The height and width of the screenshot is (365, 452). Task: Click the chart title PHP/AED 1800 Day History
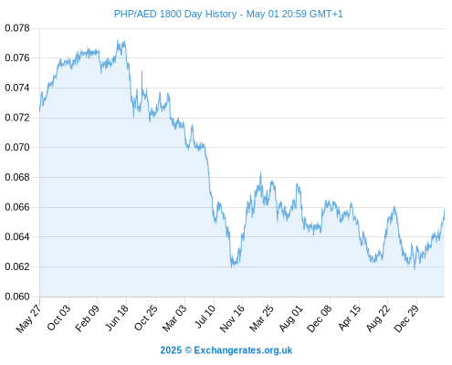click(x=175, y=14)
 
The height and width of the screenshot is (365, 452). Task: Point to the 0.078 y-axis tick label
click(x=17, y=28)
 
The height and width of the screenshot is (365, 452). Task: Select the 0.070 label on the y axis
click(x=17, y=147)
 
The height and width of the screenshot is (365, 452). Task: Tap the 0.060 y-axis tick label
click(x=17, y=297)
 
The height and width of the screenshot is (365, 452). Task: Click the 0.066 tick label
click(x=17, y=207)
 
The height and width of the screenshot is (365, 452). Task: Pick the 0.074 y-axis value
click(x=17, y=88)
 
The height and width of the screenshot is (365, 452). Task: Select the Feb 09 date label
click(x=88, y=318)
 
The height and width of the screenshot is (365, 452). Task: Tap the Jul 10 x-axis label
click(x=205, y=317)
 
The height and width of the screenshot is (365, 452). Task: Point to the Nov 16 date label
click(x=232, y=318)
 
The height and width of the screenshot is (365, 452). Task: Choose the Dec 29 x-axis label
click(x=406, y=318)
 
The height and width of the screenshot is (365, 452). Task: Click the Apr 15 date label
click(x=350, y=318)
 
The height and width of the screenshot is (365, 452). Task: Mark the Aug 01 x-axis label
click(x=291, y=318)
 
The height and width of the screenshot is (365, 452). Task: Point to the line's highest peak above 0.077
click(x=118, y=40)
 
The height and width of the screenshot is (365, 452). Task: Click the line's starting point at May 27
click(x=39, y=110)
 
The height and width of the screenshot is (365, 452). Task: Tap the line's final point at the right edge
click(x=445, y=211)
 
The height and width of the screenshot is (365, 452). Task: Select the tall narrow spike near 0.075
click(x=142, y=71)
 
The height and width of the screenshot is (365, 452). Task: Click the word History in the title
click(x=221, y=14)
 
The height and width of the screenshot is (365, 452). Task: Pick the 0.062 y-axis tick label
click(x=17, y=266)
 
